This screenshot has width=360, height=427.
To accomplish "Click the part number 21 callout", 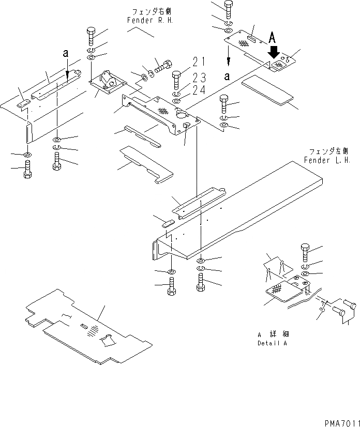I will click(x=199, y=63).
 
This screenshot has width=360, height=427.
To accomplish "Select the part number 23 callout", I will click(x=199, y=78).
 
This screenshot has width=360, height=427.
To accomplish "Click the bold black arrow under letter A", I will click(x=275, y=52).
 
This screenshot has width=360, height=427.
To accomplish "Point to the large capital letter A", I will click(x=275, y=37).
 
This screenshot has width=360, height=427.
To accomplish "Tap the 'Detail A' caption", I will click(x=272, y=343).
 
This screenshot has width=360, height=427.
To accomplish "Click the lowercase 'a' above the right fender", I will click(x=65, y=53).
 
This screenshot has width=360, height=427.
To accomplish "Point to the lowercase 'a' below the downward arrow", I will click(x=228, y=75).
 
